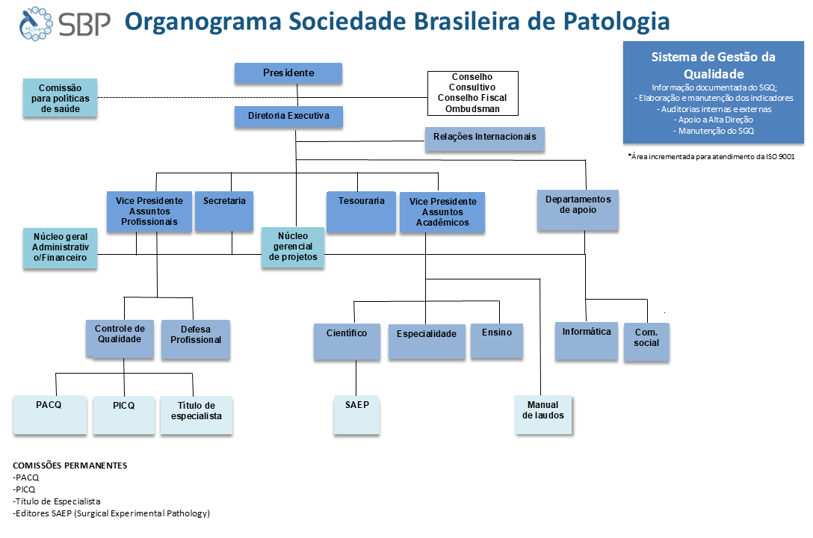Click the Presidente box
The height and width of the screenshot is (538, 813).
(x=288, y=73)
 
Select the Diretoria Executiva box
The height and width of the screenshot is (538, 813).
(x=288, y=117)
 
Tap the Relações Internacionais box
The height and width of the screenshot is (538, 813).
(x=485, y=139)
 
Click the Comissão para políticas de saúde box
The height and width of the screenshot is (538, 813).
(x=60, y=98)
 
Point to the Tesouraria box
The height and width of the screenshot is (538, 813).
(x=362, y=212)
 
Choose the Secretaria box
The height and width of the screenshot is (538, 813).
(x=224, y=211)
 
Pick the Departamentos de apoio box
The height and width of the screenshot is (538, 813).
(x=578, y=210)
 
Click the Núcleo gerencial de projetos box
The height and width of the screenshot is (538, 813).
(x=293, y=247)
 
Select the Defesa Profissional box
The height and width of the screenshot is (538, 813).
(x=196, y=339)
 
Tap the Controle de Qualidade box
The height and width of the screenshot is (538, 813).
(x=120, y=338)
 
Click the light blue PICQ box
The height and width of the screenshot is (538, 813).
(x=124, y=415)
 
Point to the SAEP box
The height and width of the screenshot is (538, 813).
(x=356, y=415)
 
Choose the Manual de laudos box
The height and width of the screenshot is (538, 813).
(x=542, y=415)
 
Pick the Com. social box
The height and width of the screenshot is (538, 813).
(x=646, y=342)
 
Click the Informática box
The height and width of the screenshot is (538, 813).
(x=587, y=341)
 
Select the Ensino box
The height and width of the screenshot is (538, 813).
(x=497, y=341)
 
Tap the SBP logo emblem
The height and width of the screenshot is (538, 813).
(x=36, y=24)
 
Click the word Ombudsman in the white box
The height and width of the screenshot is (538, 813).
(x=472, y=109)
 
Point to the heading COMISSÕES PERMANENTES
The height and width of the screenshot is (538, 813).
(x=70, y=466)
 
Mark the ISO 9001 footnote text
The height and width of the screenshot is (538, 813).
(x=711, y=156)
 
